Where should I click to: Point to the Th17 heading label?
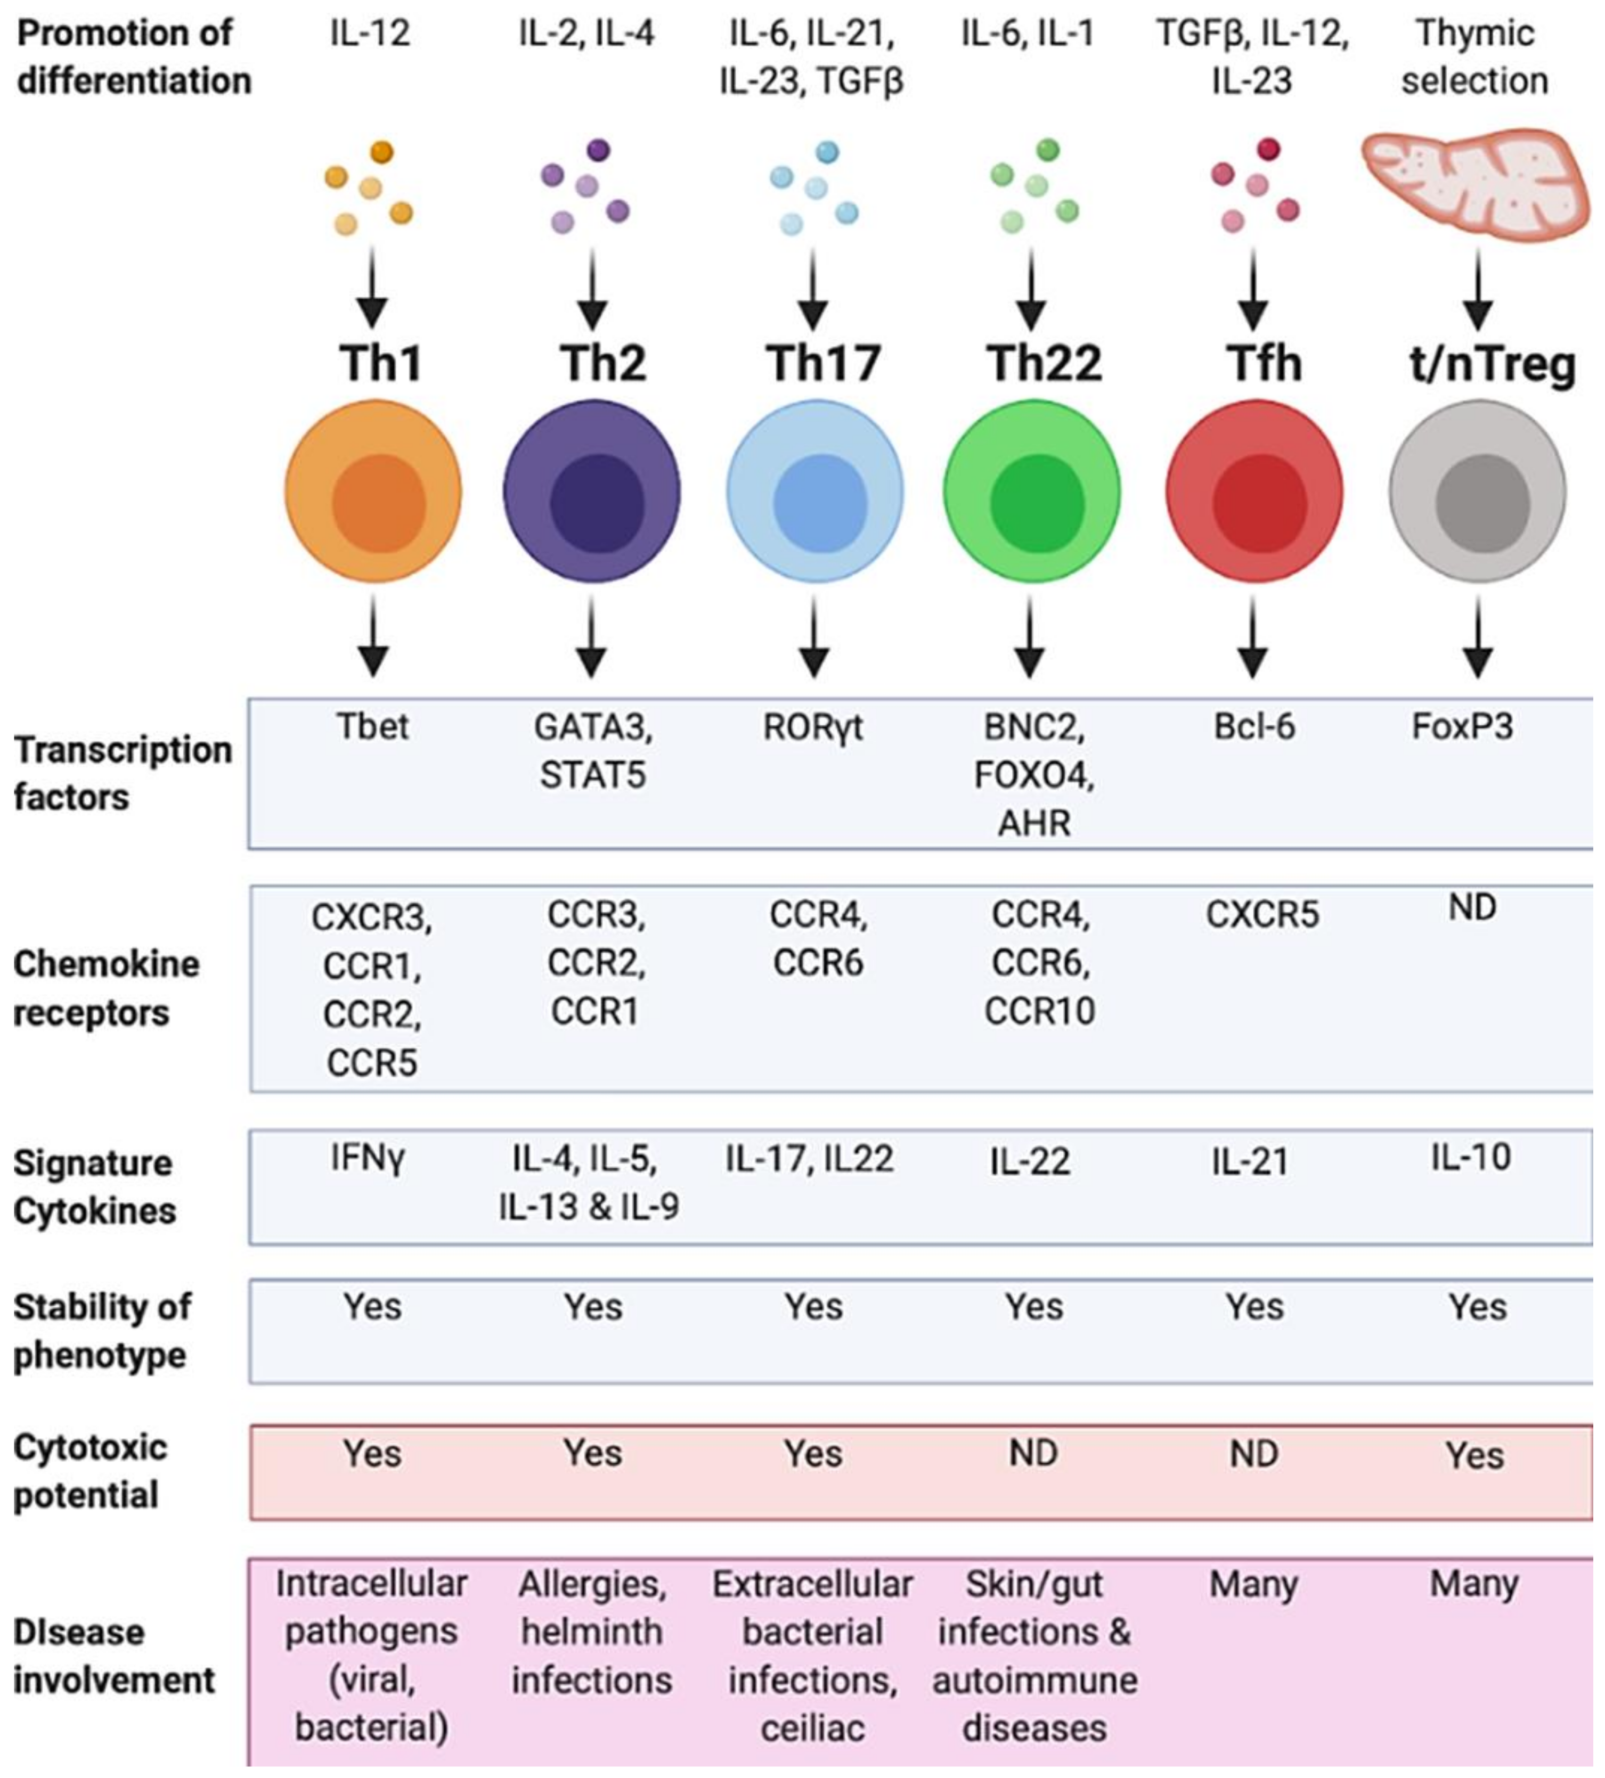click(822, 363)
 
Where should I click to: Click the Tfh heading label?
click(1263, 363)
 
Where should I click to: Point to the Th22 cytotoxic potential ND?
click(1033, 1453)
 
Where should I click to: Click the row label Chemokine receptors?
click(106, 988)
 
